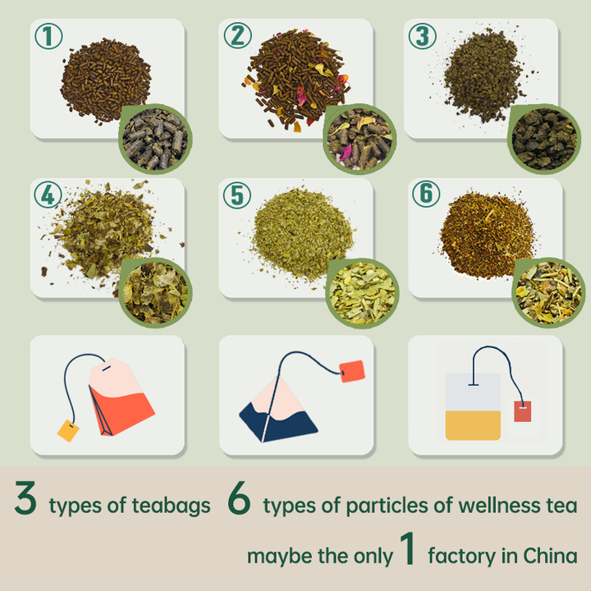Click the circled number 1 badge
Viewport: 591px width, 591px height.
click(x=48, y=36)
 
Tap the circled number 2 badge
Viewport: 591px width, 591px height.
click(x=238, y=35)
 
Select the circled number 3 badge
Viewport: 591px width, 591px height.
click(x=423, y=36)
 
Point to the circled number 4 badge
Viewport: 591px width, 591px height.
click(x=48, y=195)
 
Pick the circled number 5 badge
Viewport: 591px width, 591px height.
click(x=237, y=195)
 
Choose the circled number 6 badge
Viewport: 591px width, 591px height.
click(x=426, y=194)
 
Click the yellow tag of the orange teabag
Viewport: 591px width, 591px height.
click(x=68, y=430)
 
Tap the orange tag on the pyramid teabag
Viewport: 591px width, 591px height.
click(x=352, y=371)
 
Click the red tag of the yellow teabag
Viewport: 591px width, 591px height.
click(x=522, y=411)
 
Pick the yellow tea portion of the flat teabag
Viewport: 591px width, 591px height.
click(x=473, y=425)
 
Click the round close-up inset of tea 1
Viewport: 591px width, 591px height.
click(x=155, y=139)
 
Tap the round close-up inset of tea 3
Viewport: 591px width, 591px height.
click(x=544, y=139)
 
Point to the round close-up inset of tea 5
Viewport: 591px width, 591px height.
click(x=362, y=293)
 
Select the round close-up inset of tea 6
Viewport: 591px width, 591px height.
click(x=548, y=293)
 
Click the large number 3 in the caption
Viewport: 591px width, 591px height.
click(x=25, y=497)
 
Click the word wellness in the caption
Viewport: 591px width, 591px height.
click(x=499, y=505)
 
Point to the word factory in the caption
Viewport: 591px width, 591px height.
click(x=462, y=557)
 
